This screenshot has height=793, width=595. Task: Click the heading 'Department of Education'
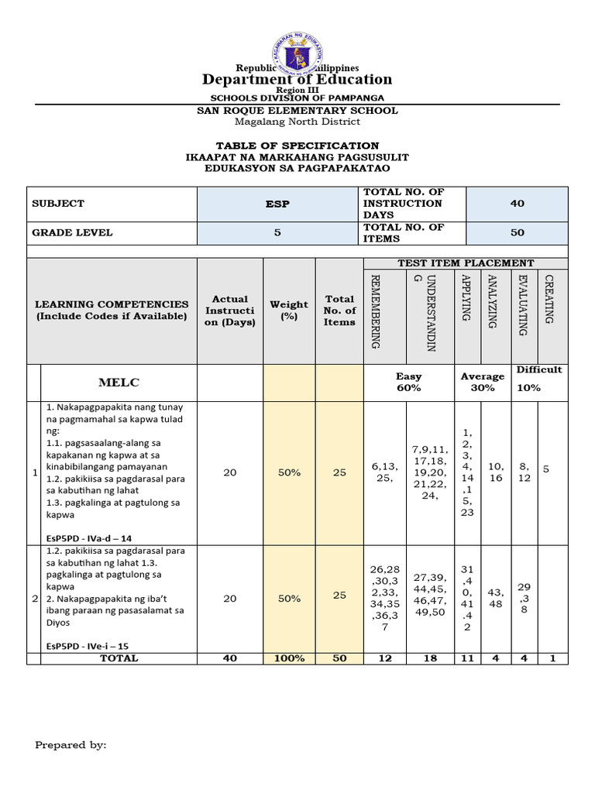297,79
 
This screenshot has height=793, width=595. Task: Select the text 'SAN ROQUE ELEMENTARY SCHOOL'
298,111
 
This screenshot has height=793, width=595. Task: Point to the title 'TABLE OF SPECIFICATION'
297,146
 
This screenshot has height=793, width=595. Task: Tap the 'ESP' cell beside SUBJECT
276,204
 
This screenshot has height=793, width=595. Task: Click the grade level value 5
276,232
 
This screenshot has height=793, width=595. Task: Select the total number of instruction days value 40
517,204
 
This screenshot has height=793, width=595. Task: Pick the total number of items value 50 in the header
517,232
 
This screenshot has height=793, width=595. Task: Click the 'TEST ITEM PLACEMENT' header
466,263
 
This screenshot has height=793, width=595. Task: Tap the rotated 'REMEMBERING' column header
375,311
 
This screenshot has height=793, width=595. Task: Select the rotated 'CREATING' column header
549,299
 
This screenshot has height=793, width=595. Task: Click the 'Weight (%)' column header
289,311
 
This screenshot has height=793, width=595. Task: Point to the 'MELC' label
119,383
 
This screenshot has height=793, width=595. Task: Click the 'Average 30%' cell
483,382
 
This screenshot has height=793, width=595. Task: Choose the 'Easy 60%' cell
408,382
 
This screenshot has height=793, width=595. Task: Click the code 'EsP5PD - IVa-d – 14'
88,537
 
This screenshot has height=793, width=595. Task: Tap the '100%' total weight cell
289,658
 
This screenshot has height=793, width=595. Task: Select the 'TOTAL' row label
119,658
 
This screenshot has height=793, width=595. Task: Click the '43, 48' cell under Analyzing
496,598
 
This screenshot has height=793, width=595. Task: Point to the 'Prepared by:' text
71,745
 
